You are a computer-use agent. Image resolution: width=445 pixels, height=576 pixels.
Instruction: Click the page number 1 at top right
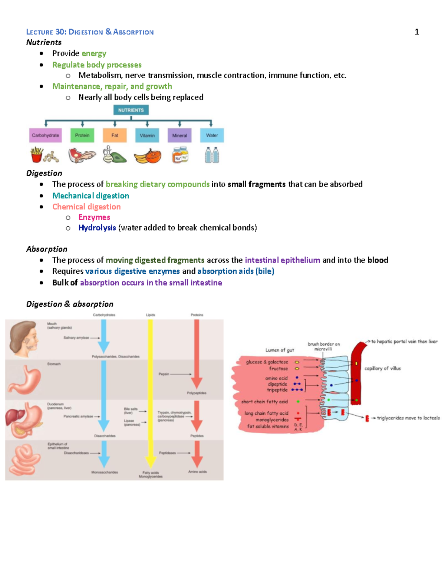click(x=416, y=32)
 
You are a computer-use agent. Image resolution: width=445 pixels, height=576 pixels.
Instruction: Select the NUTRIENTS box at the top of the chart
click(x=131, y=110)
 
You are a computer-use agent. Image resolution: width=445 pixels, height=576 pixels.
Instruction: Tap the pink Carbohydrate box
click(x=45, y=135)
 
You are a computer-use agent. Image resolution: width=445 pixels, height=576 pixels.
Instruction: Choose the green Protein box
click(x=82, y=135)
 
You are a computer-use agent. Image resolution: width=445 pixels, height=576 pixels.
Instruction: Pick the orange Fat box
click(x=115, y=135)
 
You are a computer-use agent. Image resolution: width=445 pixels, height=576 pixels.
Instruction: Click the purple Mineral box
click(x=179, y=135)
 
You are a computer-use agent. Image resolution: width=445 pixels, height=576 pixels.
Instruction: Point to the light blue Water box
click(x=212, y=135)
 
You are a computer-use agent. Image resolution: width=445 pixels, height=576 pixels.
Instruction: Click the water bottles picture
click(x=212, y=155)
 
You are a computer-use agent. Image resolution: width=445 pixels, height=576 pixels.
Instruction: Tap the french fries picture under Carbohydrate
click(x=36, y=155)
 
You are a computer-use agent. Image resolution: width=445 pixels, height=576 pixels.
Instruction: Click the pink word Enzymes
click(x=94, y=217)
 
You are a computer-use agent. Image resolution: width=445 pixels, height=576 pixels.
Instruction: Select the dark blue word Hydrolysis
click(x=97, y=228)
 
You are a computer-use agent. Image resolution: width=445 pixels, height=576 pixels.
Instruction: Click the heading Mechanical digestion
click(x=90, y=196)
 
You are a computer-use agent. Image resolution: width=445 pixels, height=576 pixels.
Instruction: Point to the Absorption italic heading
click(x=47, y=249)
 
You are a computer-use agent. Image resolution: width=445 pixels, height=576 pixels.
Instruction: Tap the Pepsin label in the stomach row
click(x=164, y=374)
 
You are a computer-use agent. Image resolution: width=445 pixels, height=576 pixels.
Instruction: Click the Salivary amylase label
click(x=76, y=338)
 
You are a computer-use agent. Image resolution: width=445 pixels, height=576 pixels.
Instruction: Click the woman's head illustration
click(x=24, y=339)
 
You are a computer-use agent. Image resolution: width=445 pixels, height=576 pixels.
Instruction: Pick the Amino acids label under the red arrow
click(x=197, y=472)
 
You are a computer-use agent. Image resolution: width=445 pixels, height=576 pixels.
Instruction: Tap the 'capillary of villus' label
click(x=382, y=368)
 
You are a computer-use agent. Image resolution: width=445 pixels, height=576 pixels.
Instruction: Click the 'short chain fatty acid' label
click(x=264, y=402)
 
